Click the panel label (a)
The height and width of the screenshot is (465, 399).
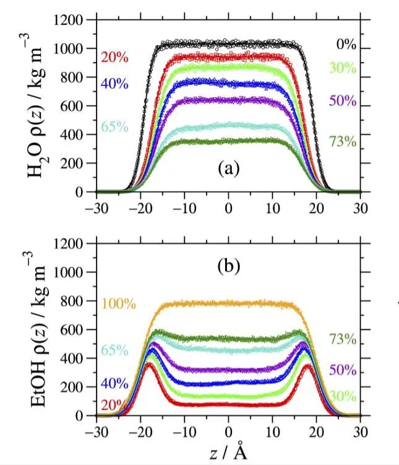pyautogui.click(x=229, y=168)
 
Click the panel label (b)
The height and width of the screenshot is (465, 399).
pyautogui.click(x=229, y=268)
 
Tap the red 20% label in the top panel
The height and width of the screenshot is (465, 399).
pyautogui.click(x=114, y=58)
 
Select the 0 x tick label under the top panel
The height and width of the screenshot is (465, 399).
pyautogui.click(x=229, y=207)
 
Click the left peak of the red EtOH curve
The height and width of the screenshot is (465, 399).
pyautogui.click(x=148, y=364)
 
